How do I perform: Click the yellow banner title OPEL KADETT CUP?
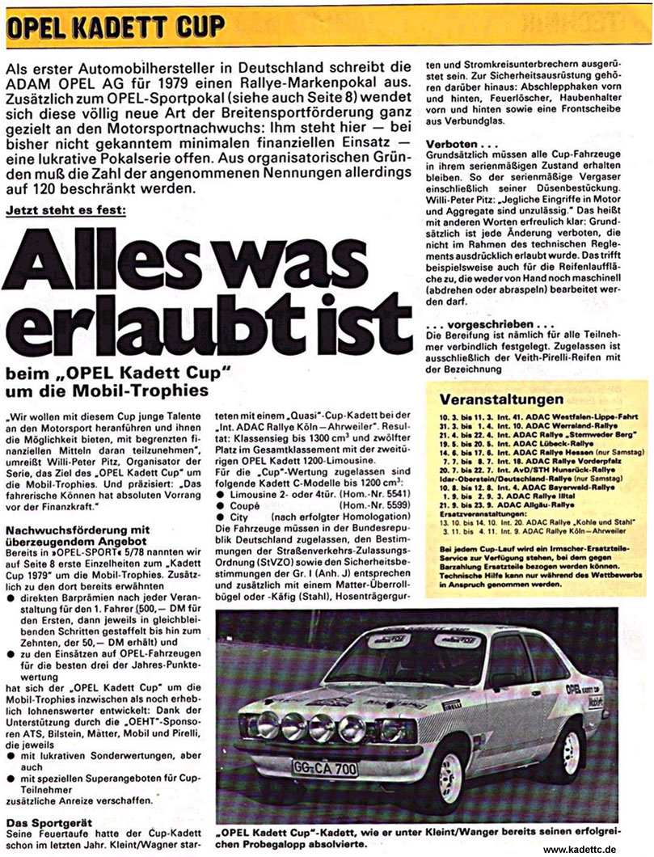116,27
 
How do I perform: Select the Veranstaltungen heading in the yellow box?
501,400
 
